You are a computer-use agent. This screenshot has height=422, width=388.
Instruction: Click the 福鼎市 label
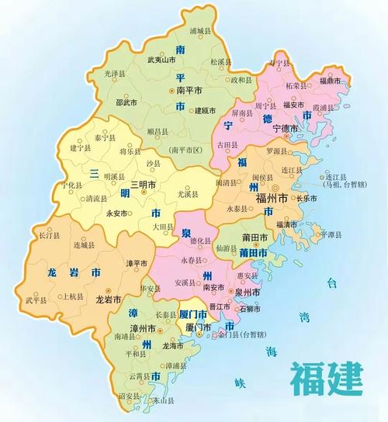(x=331, y=80)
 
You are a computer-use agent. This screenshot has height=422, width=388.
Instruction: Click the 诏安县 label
(x=130, y=396)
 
